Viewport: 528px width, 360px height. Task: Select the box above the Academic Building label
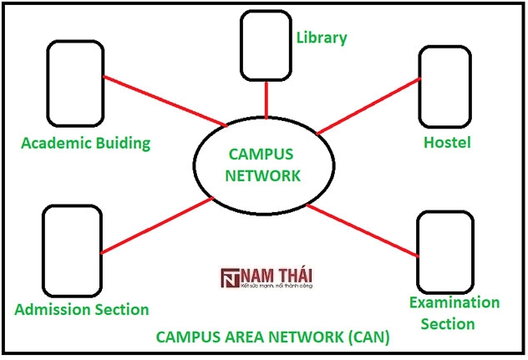(75, 83)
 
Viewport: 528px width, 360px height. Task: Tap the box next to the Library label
(266, 46)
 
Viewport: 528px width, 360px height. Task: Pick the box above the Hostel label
(445, 84)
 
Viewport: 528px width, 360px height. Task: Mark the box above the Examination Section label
(444, 250)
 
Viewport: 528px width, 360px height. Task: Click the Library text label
(322, 38)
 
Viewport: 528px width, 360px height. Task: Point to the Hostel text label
(446, 142)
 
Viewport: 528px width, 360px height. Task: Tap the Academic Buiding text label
(85, 142)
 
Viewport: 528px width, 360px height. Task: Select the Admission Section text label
(82, 309)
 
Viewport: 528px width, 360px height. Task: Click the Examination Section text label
(454, 312)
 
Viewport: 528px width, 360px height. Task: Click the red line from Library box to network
(266, 101)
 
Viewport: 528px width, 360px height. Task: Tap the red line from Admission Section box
(155, 226)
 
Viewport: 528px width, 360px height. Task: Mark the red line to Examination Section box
(363, 230)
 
